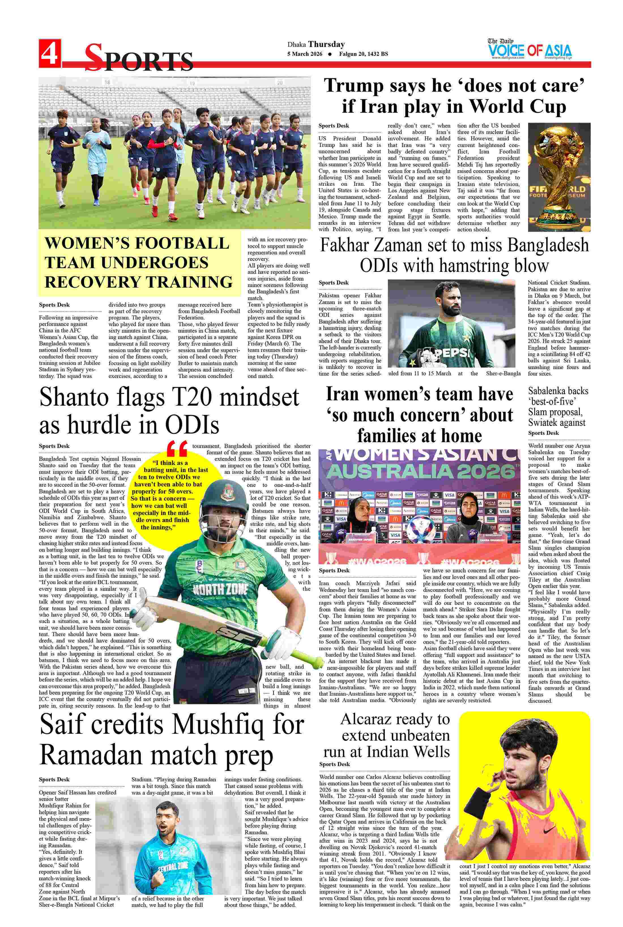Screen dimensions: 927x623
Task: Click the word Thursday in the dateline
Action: [327, 44]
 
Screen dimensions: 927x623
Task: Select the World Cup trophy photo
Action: [559, 177]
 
